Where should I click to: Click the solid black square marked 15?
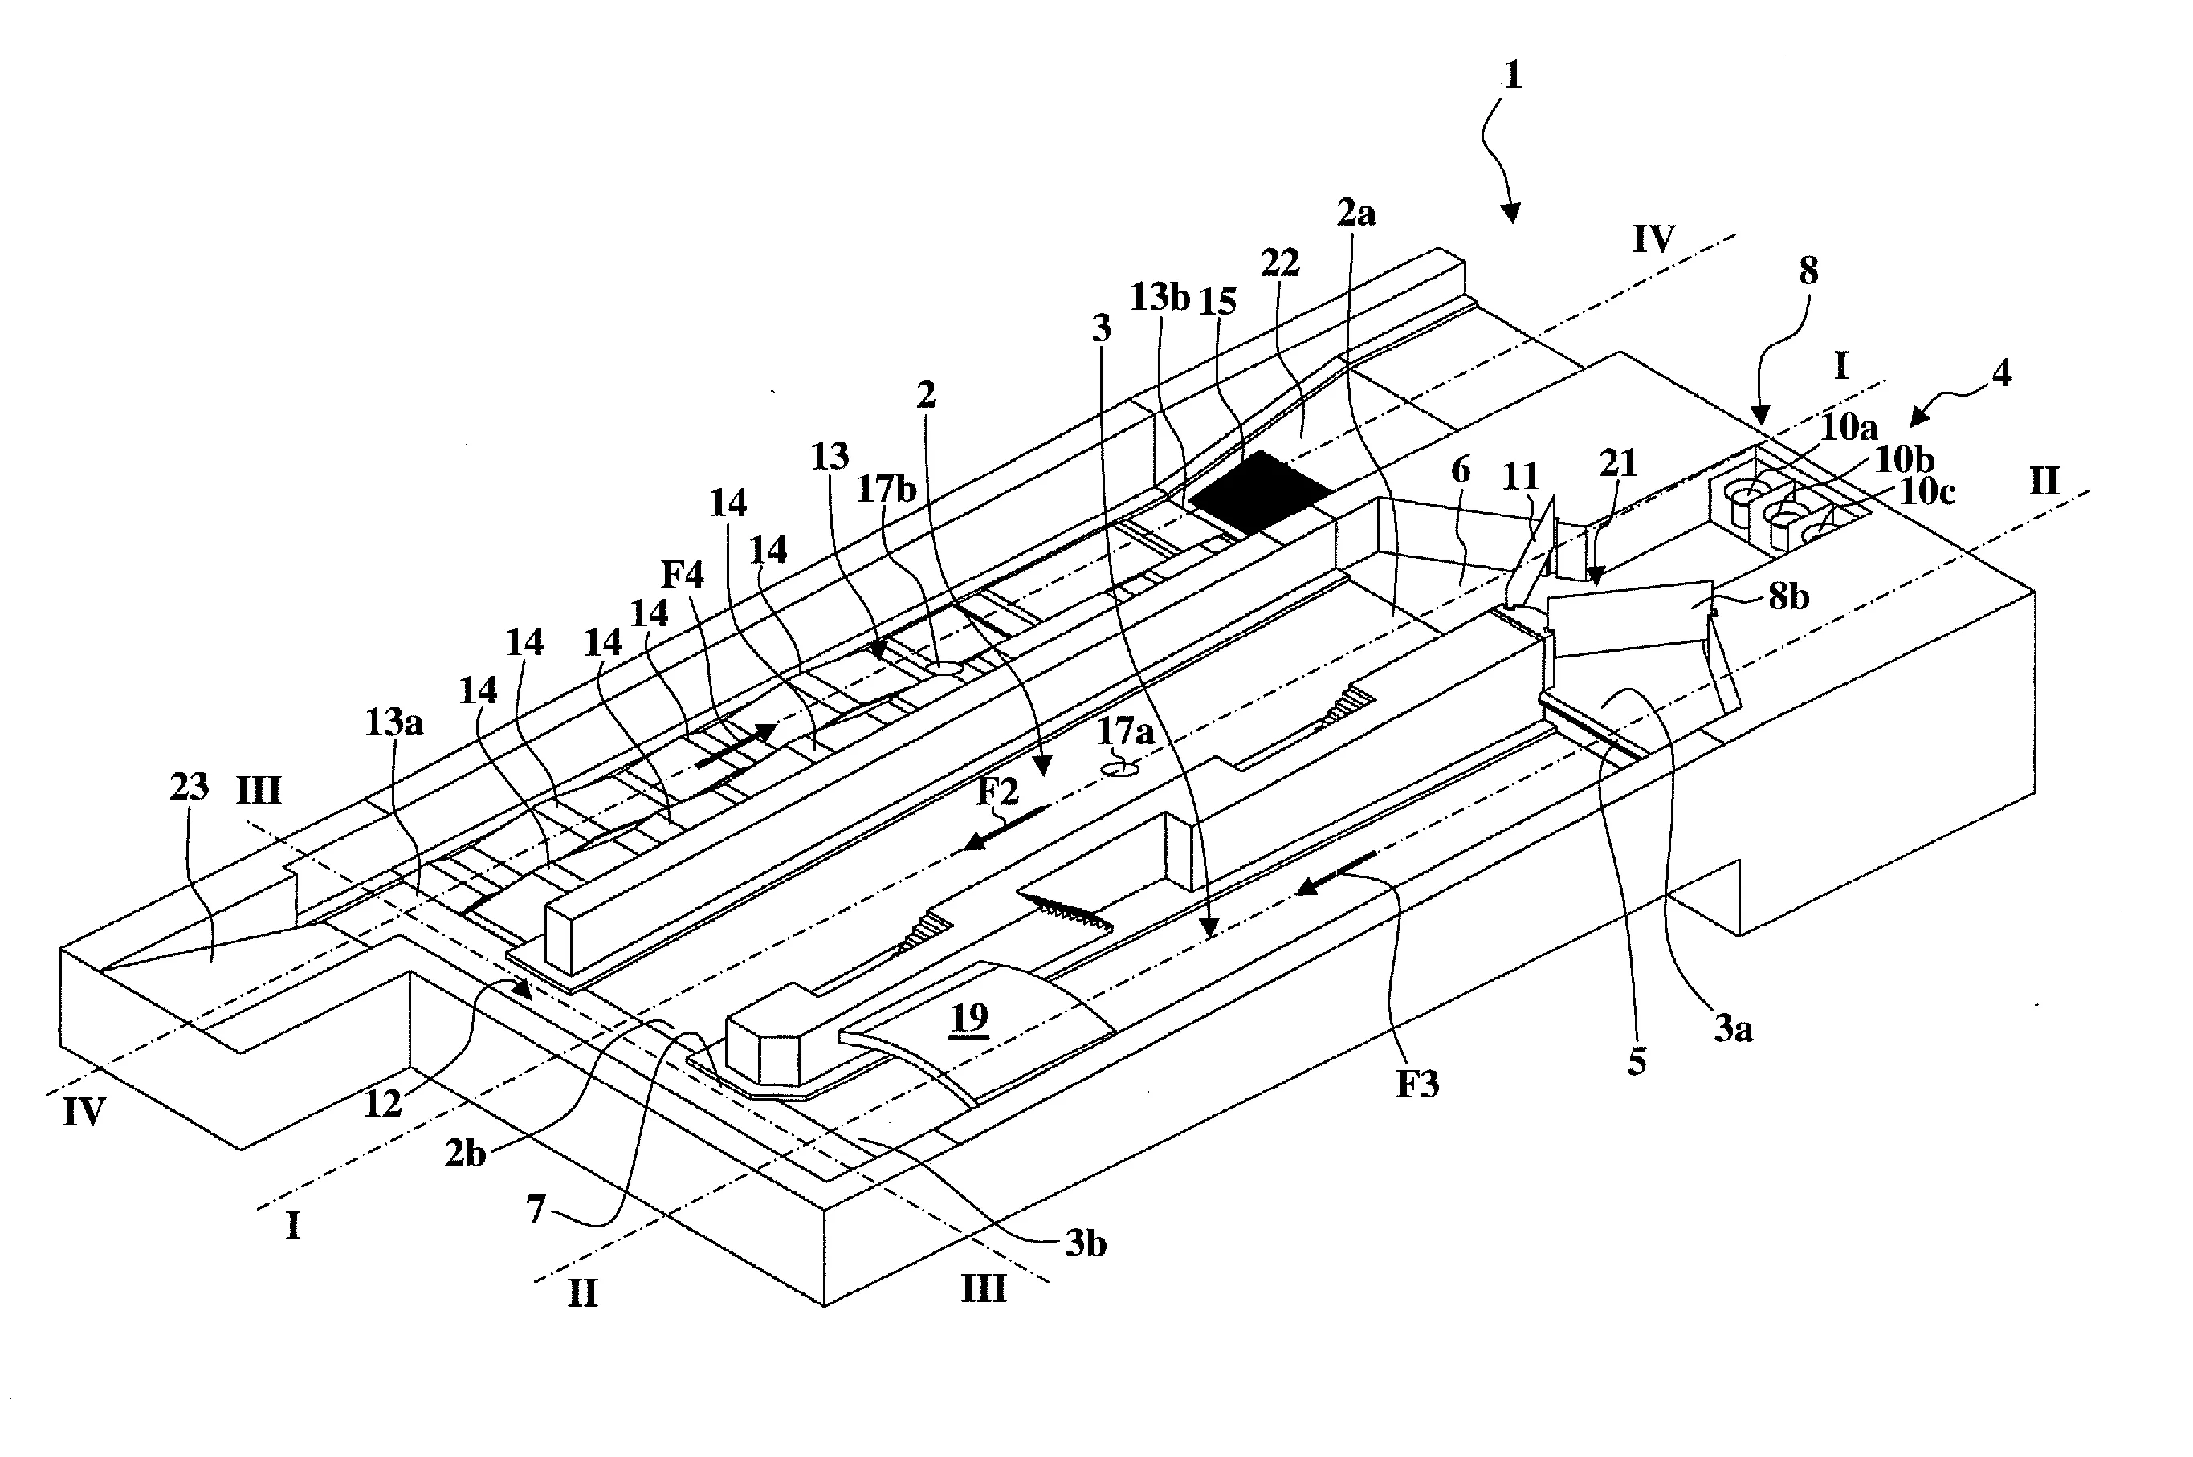pos(1258,492)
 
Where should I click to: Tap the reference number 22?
pos(1279,265)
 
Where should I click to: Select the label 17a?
pos(1125,731)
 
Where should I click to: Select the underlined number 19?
pos(969,1017)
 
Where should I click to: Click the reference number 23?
pos(189,787)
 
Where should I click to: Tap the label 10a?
pos(1849,427)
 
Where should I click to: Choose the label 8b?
pos(1787,596)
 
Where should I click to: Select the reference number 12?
pos(383,1103)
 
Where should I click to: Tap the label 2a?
pos(1355,214)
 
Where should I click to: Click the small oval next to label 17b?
pos(944,668)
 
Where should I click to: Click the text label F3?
pos(1417,1084)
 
